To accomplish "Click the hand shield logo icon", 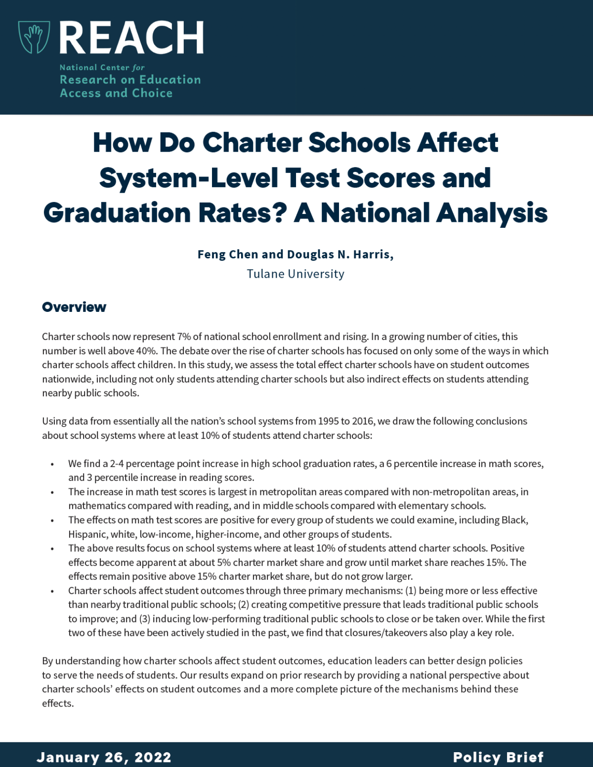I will click(x=34, y=37).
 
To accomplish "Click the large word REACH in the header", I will click(x=131, y=38).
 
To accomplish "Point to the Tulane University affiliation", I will click(x=296, y=274).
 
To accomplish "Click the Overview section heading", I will click(x=74, y=307).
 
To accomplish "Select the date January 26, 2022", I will click(x=104, y=757).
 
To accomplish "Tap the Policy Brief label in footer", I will click(x=498, y=757).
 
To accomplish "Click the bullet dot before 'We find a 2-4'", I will click(x=52, y=465).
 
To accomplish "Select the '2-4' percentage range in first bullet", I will click(x=117, y=464).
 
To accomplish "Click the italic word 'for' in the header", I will click(x=138, y=68).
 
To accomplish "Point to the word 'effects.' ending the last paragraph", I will click(x=58, y=703).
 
